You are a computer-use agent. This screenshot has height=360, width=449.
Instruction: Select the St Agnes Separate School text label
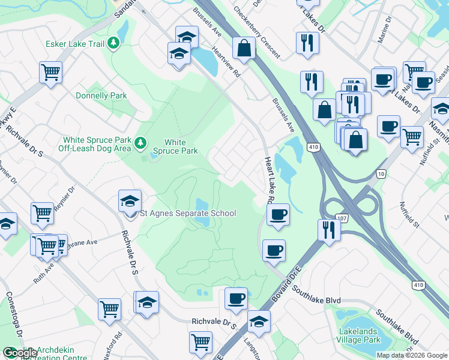tap(188, 213)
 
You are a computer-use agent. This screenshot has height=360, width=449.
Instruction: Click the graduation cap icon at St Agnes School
tap(130, 202)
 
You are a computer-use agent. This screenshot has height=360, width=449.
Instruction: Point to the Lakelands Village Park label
tap(360, 335)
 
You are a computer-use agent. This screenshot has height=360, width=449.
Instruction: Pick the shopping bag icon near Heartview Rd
tap(244, 49)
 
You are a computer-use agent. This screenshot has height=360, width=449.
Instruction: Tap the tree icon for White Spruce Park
tap(140, 143)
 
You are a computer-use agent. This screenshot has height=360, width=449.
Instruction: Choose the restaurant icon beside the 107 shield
tap(328, 230)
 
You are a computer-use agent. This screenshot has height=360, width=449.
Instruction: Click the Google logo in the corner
tap(20, 353)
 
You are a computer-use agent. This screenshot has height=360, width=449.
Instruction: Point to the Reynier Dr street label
tap(64, 199)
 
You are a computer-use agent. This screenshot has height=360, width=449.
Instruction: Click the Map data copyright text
tap(412, 355)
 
